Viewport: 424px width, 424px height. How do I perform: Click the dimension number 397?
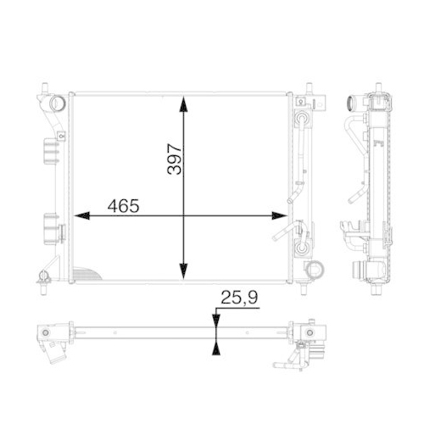[x=174, y=156]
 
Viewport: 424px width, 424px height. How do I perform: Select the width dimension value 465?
[x=124, y=206]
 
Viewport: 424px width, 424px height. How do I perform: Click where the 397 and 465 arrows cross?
[x=183, y=215]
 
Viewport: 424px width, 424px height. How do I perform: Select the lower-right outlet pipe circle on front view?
[x=313, y=272]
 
